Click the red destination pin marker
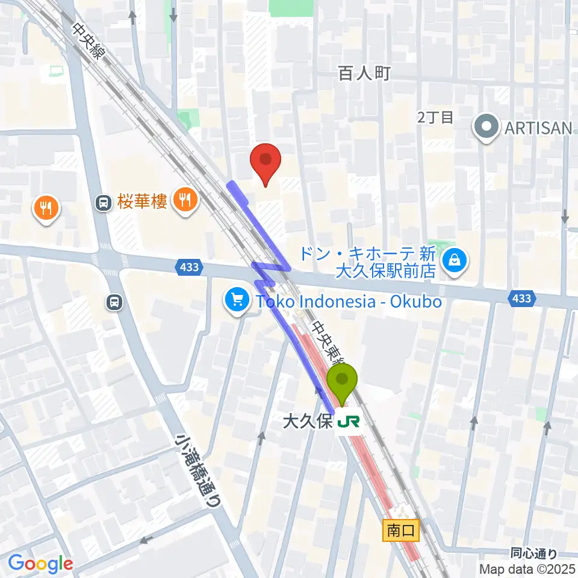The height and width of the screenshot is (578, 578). tap(266, 163)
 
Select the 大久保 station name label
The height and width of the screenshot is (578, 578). tap(308, 421)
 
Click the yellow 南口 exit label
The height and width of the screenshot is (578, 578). tap(401, 530)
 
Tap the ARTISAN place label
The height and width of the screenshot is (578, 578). tap(537, 128)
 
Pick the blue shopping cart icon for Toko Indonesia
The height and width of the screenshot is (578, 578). tap(237, 299)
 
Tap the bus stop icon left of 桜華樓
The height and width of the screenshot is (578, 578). tap(104, 203)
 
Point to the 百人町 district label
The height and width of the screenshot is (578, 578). tap(364, 73)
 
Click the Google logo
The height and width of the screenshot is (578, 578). tap(40, 564)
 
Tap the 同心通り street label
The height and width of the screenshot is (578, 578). tap(533, 553)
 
